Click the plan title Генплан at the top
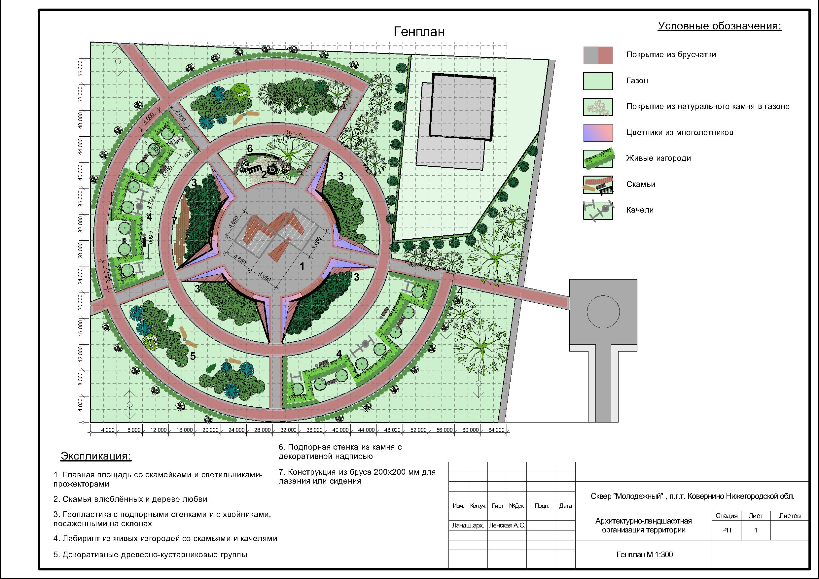pos(419,32)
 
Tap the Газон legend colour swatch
pos(598,81)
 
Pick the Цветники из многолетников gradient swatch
pos(598,133)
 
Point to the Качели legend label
pos(640,210)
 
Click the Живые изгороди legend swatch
pos(598,159)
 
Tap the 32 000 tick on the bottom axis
pos(288,430)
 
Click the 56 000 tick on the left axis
pos(81,68)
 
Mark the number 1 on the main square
pos(302,266)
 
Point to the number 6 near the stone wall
pos(250,148)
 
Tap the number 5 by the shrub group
pos(193,356)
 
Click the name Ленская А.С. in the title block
pos(507,526)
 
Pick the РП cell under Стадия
pos(727,530)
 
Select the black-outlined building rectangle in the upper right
pos(463,106)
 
